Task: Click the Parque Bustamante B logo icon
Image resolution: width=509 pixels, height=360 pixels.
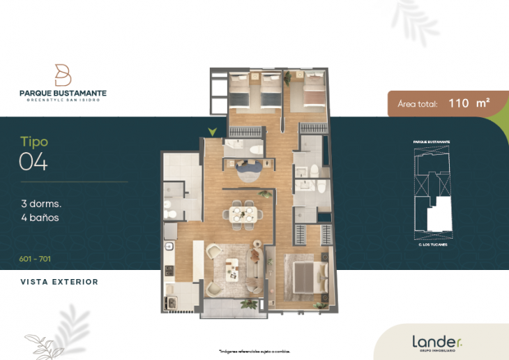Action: pos(63,75)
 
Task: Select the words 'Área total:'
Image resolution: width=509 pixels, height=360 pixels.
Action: pos(417,104)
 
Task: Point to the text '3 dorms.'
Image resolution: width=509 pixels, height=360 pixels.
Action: pos(41,204)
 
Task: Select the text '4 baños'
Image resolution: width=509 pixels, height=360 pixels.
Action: pos(40,218)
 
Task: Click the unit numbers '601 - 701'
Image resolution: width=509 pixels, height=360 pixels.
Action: pos(35,259)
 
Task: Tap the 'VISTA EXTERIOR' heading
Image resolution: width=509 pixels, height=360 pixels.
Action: pos(59,282)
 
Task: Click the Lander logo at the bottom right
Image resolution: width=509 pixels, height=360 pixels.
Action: pos(436,342)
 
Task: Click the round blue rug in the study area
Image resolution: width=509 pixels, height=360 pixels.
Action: pos(248,168)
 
